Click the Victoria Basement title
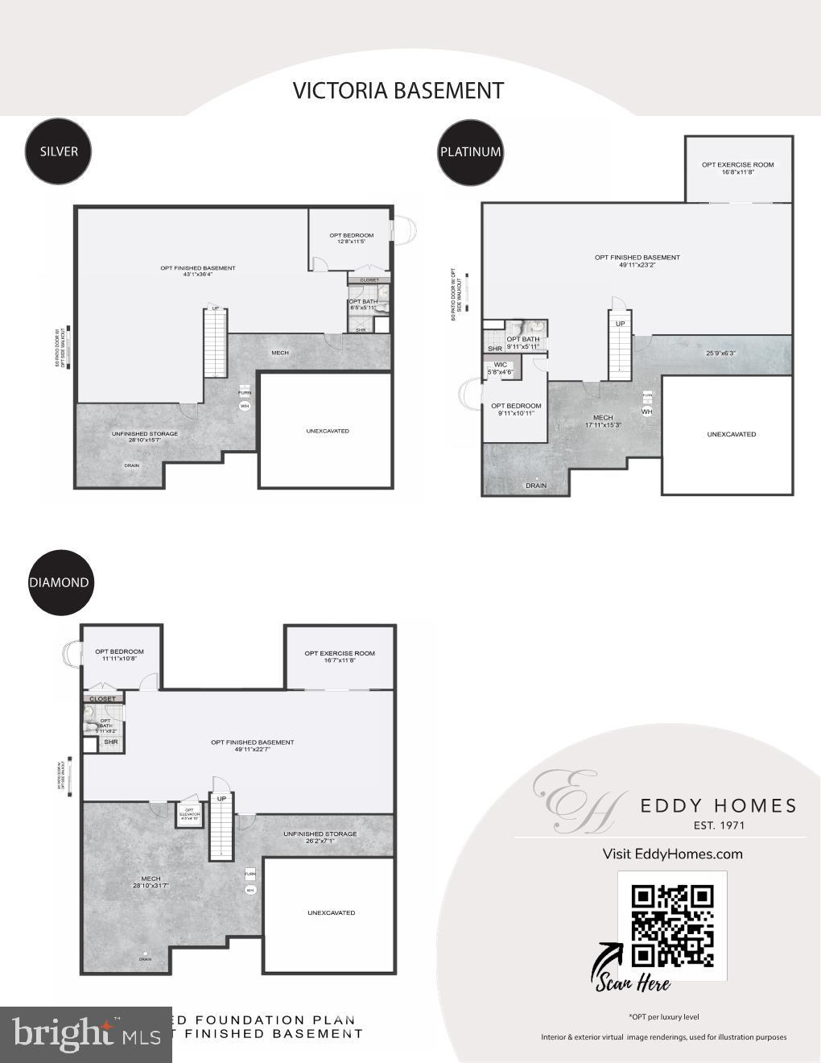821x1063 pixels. (x=398, y=90)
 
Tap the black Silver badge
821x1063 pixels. (x=59, y=151)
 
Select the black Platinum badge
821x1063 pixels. (x=471, y=151)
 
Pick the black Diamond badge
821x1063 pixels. (x=59, y=582)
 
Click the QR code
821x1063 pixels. (x=672, y=925)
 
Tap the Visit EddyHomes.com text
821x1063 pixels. (x=672, y=854)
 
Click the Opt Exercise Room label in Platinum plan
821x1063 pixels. (x=737, y=165)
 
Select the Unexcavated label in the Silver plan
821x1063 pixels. (x=328, y=431)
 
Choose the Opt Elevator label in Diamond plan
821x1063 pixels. (x=189, y=813)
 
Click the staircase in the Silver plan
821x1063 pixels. (x=214, y=344)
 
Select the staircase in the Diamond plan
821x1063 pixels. (x=221, y=826)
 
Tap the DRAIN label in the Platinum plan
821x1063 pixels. (x=536, y=486)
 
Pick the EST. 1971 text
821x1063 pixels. (x=719, y=825)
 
